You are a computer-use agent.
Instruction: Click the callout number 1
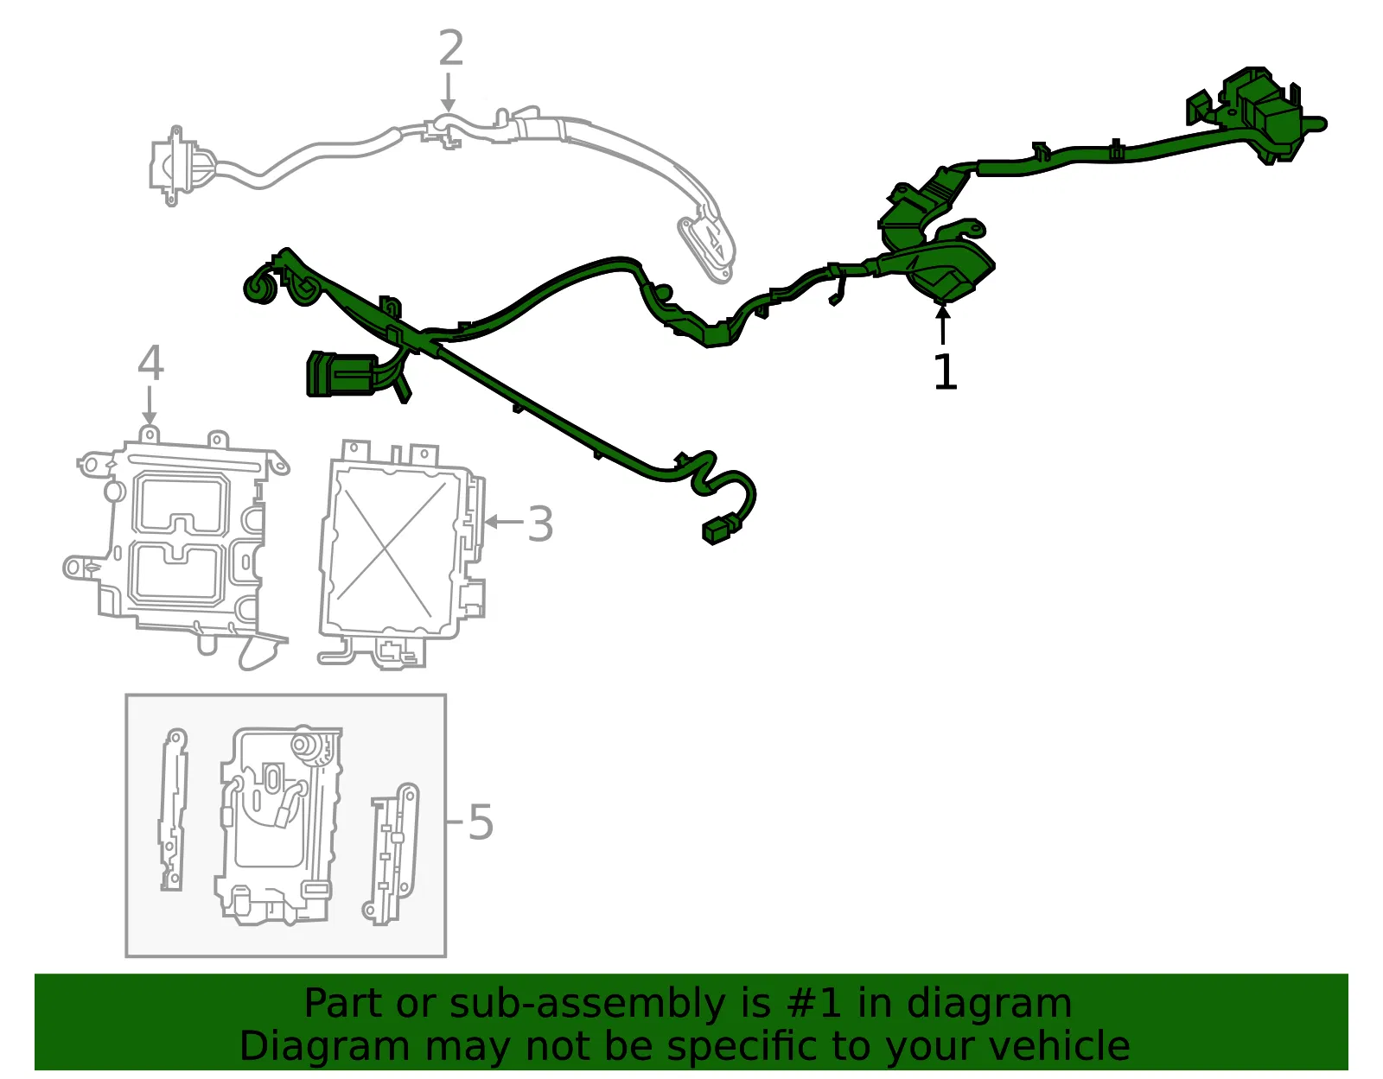click(945, 371)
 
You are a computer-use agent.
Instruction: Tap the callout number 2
click(451, 48)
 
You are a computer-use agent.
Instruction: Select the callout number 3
click(540, 524)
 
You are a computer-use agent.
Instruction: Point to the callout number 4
click(151, 363)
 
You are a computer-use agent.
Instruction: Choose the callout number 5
click(481, 822)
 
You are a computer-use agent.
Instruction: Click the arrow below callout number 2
click(449, 92)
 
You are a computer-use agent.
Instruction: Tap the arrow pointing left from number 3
click(503, 522)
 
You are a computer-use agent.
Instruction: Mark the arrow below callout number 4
click(149, 405)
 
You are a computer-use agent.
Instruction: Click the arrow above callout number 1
click(942, 324)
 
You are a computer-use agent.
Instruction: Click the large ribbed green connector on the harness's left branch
click(341, 375)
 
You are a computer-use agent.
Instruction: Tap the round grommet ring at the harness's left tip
click(259, 289)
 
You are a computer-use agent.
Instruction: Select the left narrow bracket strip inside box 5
click(173, 809)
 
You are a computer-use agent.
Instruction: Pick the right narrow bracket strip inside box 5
click(391, 854)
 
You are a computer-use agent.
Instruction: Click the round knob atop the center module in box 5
click(303, 743)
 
